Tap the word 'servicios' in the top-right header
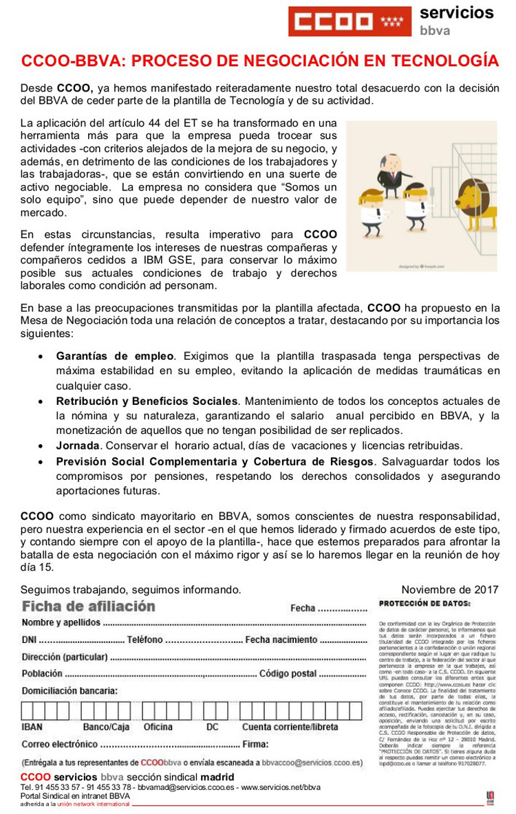point(456,12)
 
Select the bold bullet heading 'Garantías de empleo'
point(115,356)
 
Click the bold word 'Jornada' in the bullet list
point(78,445)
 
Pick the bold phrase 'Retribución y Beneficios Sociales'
point(147,401)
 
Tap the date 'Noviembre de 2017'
point(450,590)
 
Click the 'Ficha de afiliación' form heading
point(89,606)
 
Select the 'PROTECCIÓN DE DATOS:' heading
point(424,604)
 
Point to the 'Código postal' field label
point(288,674)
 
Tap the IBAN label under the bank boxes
point(32,727)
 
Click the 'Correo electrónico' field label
point(59,744)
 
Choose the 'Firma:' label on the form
point(255,744)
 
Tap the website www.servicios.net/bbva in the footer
point(281,787)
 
